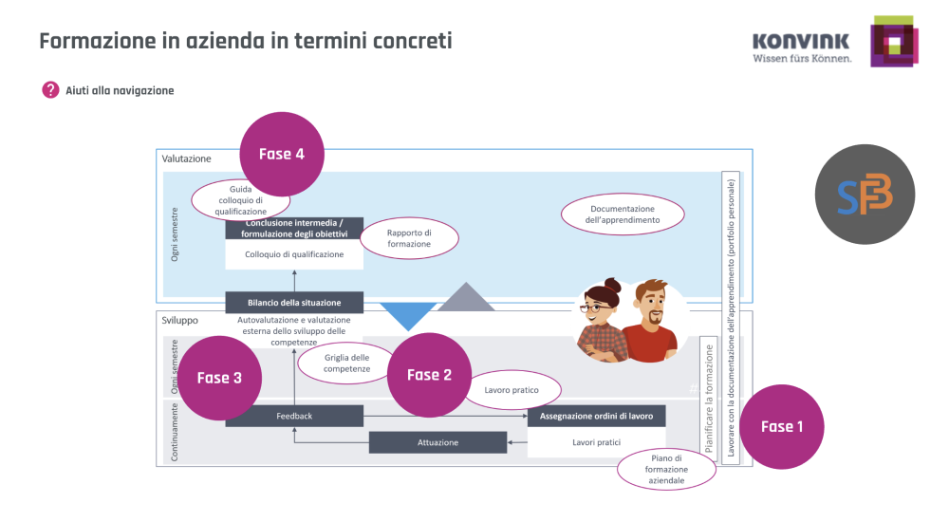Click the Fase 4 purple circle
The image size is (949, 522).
click(282, 155)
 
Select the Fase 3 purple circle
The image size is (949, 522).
click(219, 378)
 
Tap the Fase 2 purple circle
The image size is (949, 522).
click(429, 375)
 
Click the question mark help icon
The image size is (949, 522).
click(50, 90)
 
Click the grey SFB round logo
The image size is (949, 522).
click(865, 195)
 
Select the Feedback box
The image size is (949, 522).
click(294, 416)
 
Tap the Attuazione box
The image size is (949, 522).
click(437, 442)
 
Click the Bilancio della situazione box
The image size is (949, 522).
click(294, 303)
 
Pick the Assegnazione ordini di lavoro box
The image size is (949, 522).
click(596, 416)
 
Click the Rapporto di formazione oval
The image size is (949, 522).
click(409, 238)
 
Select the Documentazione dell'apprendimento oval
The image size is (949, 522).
click(623, 214)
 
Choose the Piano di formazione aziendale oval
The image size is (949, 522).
click(666, 470)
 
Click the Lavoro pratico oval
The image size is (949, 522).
click(512, 390)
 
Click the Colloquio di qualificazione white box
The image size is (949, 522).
click(294, 254)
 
